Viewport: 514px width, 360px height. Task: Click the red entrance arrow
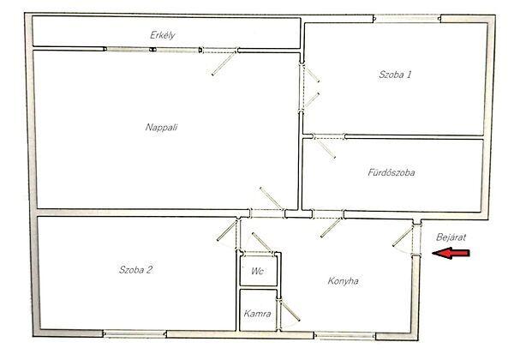click(x=451, y=253)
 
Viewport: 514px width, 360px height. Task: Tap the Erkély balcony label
click(x=162, y=35)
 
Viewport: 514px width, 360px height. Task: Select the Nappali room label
click(x=161, y=127)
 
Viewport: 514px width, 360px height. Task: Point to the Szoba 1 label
click(x=395, y=75)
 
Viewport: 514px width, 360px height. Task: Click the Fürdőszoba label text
click(x=391, y=172)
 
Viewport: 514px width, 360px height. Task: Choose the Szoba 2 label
click(x=135, y=269)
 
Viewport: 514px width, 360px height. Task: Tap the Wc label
click(x=257, y=271)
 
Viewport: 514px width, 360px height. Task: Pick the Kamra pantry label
click(x=257, y=314)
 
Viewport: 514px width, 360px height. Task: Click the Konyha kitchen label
click(x=343, y=281)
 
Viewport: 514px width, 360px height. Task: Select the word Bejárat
click(x=451, y=237)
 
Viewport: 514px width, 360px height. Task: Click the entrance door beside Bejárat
click(x=403, y=237)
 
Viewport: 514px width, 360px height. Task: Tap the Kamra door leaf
click(x=290, y=310)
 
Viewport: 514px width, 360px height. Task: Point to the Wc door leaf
click(x=261, y=242)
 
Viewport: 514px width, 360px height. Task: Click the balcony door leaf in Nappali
click(x=224, y=63)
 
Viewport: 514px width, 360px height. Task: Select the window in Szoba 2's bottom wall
click(x=134, y=334)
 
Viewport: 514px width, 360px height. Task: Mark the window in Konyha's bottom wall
click(x=345, y=336)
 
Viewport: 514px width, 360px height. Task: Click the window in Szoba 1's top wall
click(x=407, y=19)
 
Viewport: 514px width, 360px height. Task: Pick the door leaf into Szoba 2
click(x=227, y=231)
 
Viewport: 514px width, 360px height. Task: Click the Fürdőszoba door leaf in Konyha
click(x=331, y=228)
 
